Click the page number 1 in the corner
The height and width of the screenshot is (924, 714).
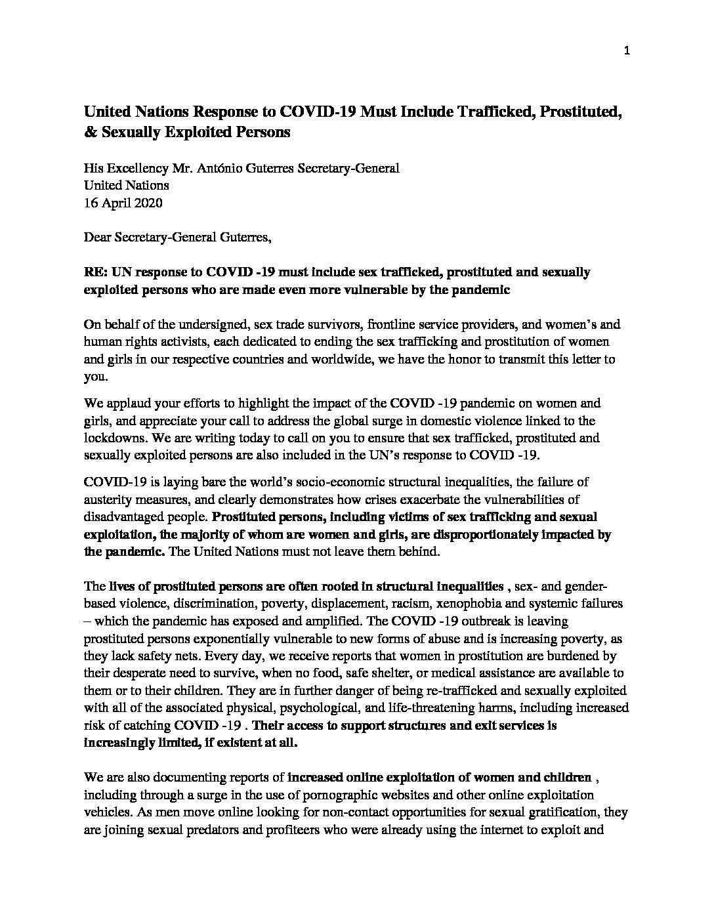coord(627,53)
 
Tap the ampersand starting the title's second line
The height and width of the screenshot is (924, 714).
coord(89,132)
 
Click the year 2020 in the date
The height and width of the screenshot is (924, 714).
coord(146,203)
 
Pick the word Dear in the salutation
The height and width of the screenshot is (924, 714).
coord(98,237)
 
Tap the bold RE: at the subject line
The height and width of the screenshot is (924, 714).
coord(96,272)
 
